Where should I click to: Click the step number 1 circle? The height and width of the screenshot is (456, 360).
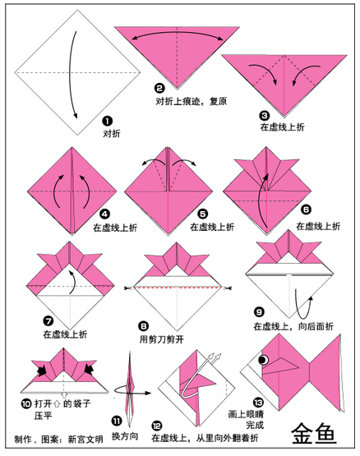[x=107, y=121]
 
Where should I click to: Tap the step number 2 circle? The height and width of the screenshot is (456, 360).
[x=159, y=88]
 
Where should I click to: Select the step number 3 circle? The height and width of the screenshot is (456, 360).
[x=265, y=116]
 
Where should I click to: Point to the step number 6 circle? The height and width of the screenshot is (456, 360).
[x=306, y=210]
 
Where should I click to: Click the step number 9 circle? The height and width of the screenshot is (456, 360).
[x=259, y=312]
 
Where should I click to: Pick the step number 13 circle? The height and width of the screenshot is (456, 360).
[x=258, y=403]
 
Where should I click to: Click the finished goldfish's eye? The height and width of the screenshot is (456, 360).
[x=264, y=360]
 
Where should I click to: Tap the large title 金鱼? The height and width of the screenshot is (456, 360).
[x=314, y=433]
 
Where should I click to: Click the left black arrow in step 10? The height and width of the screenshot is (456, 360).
[x=43, y=370]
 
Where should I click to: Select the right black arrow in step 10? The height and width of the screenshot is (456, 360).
[x=88, y=370]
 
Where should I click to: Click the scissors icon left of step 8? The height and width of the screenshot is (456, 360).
[x=128, y=288]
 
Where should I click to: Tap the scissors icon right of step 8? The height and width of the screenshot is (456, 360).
[x=228, y=288]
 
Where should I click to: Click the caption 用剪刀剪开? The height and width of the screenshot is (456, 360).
[x=162, y=339]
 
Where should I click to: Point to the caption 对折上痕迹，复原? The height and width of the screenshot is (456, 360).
[x=192, y=101]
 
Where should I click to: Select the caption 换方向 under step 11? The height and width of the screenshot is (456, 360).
[x=125, y=436]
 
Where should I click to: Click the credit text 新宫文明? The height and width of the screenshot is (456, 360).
[x=85, y=439]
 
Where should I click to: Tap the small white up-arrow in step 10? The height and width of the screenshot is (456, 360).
[x=64, y=395]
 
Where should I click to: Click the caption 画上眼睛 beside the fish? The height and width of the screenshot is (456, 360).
[x=246, y=414]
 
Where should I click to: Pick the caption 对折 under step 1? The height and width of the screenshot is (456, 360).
[x=112, y=133]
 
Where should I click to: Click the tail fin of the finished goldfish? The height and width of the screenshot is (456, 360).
[x=326, y=373]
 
